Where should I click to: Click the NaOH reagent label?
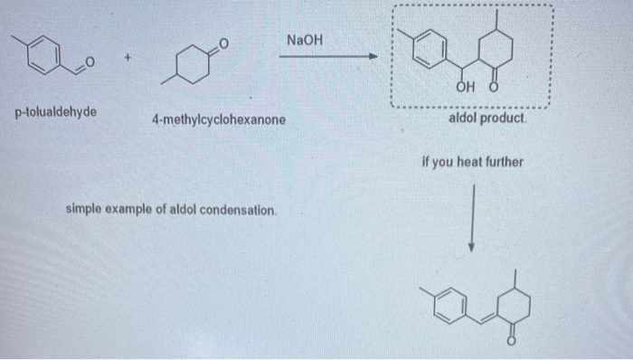tap(304, 40)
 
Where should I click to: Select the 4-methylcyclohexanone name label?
tap(219, 119)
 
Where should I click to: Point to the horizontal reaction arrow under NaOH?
tap(326, 57)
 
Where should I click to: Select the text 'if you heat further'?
tap(472, 163)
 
